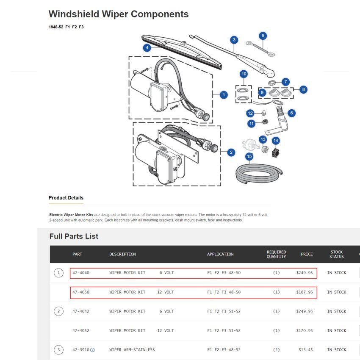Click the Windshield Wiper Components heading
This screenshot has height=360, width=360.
119,14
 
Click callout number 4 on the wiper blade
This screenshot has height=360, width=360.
147,48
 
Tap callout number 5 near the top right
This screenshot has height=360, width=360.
263,36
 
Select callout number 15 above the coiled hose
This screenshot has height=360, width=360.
249,157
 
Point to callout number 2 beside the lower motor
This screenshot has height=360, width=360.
231,152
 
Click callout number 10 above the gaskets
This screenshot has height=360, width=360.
244,74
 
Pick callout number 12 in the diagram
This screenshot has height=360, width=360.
250,113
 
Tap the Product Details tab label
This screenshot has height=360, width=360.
66,198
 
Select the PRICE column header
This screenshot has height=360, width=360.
307,254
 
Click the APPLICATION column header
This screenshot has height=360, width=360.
220,254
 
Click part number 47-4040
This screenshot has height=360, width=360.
81,273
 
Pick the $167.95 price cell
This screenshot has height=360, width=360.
305,292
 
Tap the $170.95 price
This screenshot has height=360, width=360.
305,331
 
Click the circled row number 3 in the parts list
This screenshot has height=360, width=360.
58,350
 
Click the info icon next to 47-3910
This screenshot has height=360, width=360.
92,350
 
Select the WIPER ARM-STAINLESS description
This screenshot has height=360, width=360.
132,350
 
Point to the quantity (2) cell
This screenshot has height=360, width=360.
276,350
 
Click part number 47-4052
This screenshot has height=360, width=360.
81,331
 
